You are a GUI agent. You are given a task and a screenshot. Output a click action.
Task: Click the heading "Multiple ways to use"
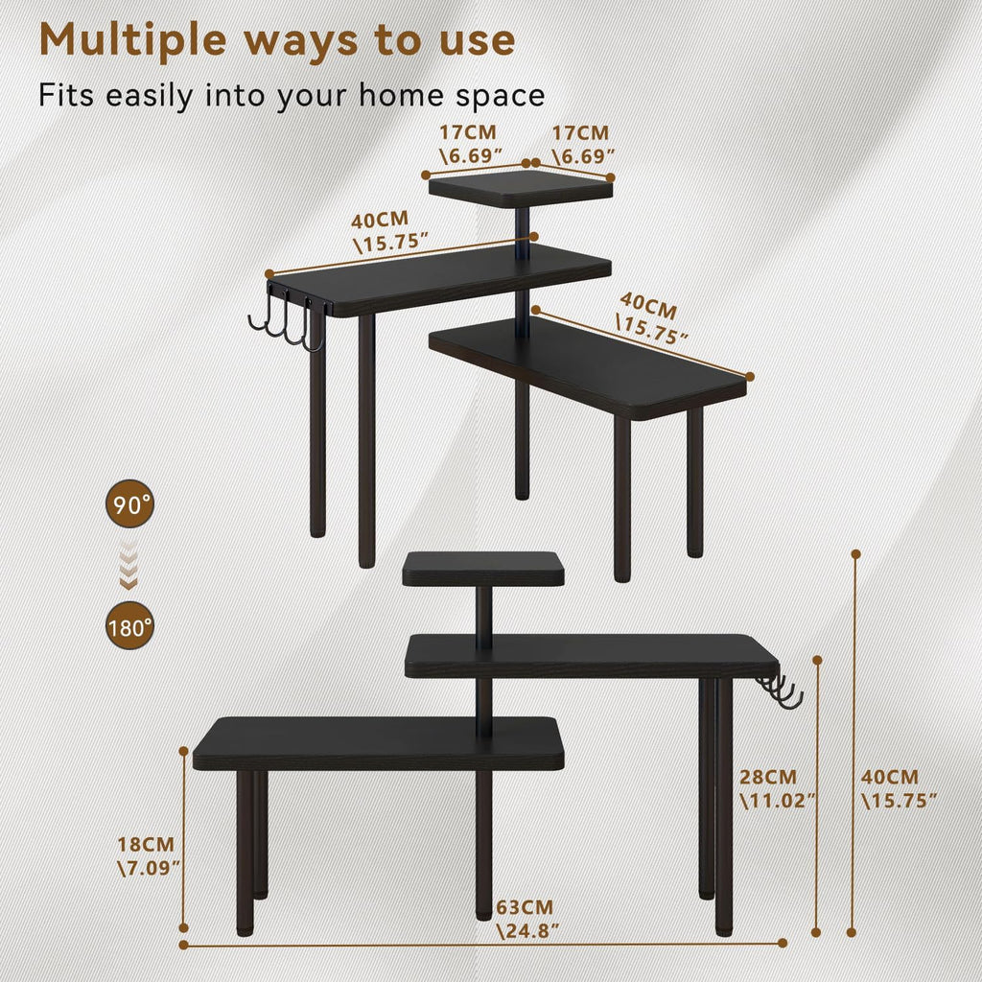(278, 40)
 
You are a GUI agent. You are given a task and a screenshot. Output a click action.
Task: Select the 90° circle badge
(129, 504)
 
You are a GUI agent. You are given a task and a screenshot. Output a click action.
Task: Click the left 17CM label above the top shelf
(472, 143)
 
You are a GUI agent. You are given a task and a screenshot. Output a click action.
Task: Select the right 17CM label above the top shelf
(580, 143)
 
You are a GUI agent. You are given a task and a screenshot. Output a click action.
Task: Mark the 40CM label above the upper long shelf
(388, 230)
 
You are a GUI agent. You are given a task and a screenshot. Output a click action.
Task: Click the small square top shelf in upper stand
(520, 186)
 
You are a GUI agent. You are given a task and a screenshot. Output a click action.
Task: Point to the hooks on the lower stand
(780, 692)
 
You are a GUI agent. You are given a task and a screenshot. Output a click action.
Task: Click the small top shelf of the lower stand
(483, 569)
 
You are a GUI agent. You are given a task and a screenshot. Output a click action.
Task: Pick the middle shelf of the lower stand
(591, 656)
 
